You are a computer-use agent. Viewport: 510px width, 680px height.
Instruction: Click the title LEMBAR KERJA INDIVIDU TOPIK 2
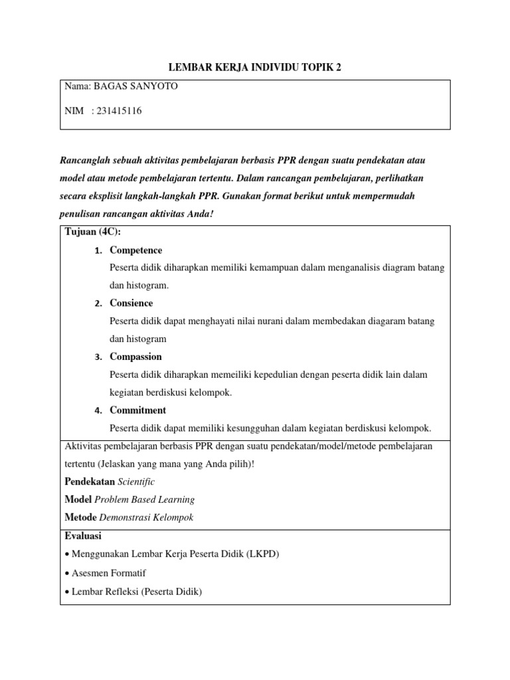point(255,68)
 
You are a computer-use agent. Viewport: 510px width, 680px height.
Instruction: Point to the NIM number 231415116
point(119,111)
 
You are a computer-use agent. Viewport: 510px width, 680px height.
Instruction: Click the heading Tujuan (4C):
point(93,231)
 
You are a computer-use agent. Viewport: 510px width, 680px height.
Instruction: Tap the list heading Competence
point(135,250)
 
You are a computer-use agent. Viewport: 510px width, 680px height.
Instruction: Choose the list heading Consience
point(131,303)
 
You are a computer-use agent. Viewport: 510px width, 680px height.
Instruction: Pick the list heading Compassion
point(135,357)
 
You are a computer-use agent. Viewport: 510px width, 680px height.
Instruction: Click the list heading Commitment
point(137,410)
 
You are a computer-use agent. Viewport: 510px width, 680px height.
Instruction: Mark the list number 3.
point(97,357)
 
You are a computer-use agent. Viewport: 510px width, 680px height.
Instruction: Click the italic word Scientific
point(137,481)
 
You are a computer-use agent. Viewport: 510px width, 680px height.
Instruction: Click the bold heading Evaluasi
point(83,536)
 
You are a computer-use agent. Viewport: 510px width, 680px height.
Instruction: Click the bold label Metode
point(80,517)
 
